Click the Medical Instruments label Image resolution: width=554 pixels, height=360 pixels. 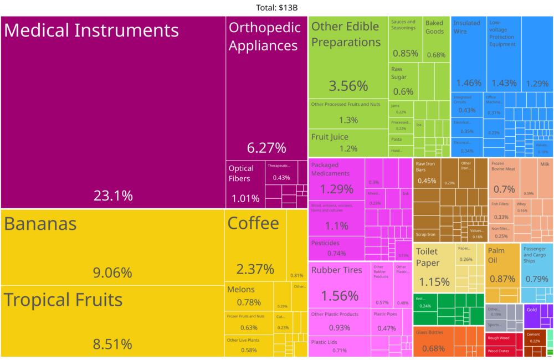click(91, 30)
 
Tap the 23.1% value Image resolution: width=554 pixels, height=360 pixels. click(113, 196)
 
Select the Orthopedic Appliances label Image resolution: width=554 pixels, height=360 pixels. click(264, 37)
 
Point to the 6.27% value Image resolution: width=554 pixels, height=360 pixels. click(266, 148)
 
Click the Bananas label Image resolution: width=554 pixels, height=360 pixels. click(40, 224)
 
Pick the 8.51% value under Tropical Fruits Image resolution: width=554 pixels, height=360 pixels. click(112, 344)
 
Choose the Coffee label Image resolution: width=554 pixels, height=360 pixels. click(253, 223)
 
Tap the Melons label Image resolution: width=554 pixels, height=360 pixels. click(241, 289)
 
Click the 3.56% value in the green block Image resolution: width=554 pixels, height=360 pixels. click(348, 86)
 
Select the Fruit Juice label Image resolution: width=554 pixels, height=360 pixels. click(330, 137)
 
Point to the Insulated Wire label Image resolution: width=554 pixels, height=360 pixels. click(466, 27)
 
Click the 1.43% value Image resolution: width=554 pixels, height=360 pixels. click(504, 83)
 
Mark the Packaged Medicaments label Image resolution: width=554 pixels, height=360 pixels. click(330, 169)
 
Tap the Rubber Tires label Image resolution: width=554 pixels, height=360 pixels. click(336, 270)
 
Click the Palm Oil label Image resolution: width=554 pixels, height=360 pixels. click(496, 255)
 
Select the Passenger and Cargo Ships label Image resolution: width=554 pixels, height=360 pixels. click(535, 255)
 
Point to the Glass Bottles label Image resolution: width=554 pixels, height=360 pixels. click(429, 332)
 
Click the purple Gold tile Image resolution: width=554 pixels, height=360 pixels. click(537, 316)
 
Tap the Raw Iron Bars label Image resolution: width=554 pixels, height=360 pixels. click(425, 167)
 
